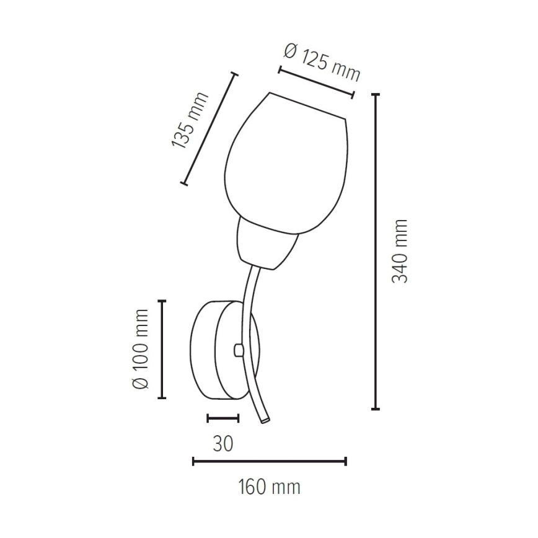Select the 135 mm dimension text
pyautogui.click(x=190, y=120)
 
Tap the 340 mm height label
pyautogui.click(x=401, y=250)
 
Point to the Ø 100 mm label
pyautogui.click(x=141, y=348)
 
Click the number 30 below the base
pyautogui.click(x=223, y=444)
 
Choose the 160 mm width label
pyautogui.click(x=269, y=487)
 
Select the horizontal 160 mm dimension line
pyautogui.click(x=269, y=461)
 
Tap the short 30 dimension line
pyautogui.click(x=223, y=418)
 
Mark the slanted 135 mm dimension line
pyautogui.click(x=209, y=129)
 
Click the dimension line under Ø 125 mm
pyautogui.click(x=315, y=82)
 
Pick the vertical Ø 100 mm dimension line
pyautogui.click(x=162, y=349)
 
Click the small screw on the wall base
pyautogui.click(x=237, y=351)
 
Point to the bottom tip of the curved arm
pyautogui.click(x=265, y=421)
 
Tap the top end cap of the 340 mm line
pyautogui.click(x=375, y=94)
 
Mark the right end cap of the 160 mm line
pyautogui.click(x=345, y=461)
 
